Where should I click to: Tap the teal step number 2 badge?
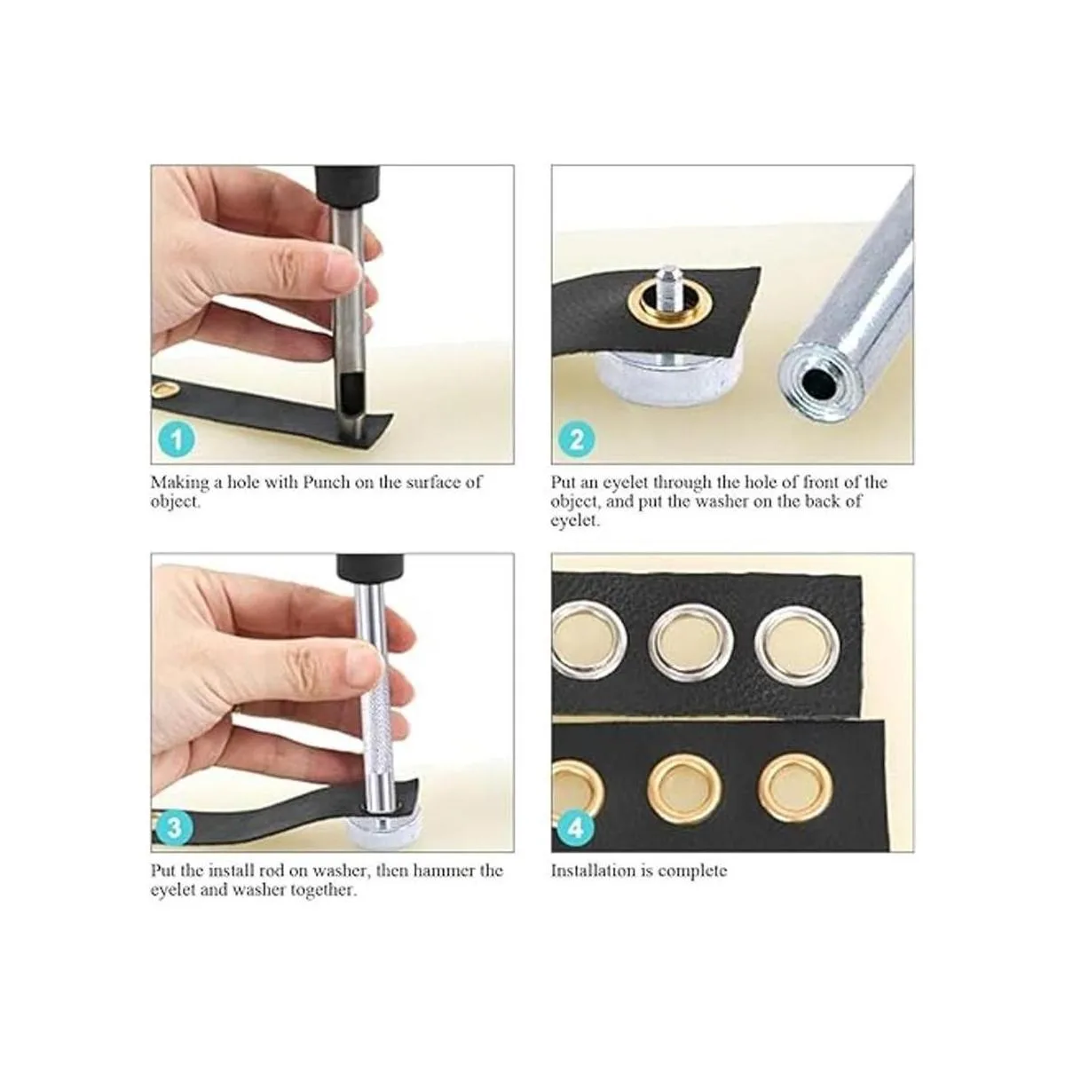click(x=577, y=439)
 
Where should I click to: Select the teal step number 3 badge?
click(x=174, y=828)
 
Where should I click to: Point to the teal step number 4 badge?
click(x=575, y=828)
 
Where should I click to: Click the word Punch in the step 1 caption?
click(x=327, y=483)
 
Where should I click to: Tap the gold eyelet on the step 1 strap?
click(x=165, y=391)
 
